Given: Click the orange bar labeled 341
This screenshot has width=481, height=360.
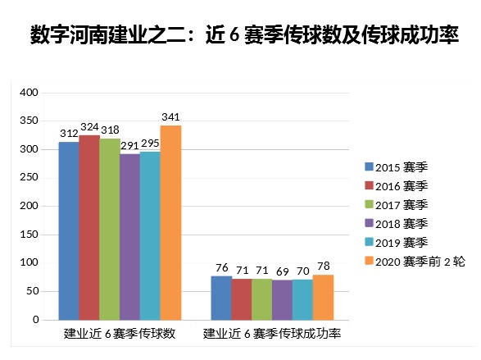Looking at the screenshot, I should tap(170, 222).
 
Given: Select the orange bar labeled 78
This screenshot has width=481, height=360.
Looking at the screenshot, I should tap(323, 297).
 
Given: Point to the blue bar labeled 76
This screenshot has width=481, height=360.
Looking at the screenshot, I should tap(221, 298).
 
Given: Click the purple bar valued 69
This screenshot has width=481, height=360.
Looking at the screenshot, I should tap(282, 299).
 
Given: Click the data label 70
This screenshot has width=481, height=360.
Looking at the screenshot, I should tap(302, 271).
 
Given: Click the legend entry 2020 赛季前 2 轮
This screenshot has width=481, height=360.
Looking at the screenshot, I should tap(419, 260).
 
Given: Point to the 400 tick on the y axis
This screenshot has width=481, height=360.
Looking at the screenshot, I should tap(29, 93).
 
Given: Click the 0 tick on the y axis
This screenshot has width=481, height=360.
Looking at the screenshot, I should tap(35, 320).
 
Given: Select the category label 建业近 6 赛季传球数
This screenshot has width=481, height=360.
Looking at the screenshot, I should tap(120, 335).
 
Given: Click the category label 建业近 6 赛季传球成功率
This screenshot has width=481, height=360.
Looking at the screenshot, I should tap(272, 335).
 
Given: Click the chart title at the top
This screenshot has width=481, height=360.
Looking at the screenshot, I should tap(240, 35).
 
